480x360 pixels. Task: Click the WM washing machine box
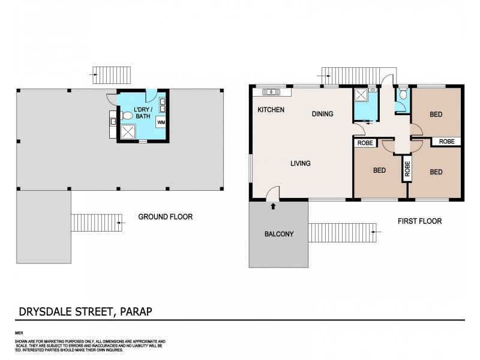click(161, 122)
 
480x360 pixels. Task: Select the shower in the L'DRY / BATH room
click(129, 131)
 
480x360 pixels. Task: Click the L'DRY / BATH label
click(143, 112)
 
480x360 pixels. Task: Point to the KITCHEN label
click(271, 110)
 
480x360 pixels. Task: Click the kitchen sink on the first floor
click(271, 92)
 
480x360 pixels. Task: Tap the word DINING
click(322, 114)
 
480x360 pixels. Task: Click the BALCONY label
click(279, 234)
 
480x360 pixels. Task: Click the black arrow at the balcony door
click(274, 206)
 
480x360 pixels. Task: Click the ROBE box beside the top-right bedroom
click(446, 142)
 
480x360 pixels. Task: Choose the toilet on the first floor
click(402, 95)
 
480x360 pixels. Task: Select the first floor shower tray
click(361, 95)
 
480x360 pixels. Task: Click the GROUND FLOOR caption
click(165, 217)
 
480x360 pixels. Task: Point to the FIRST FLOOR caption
click(419, 221)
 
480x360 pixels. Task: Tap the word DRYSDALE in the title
click(40, 311)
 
